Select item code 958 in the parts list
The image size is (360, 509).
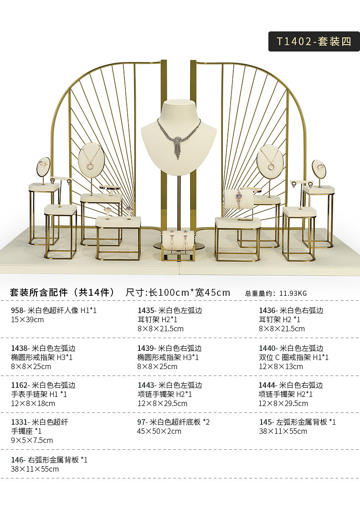18,310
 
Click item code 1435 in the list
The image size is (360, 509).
145,310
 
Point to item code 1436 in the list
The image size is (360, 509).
267,310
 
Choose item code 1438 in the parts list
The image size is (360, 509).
20,348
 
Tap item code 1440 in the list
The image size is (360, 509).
267,348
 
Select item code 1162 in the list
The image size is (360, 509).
20,385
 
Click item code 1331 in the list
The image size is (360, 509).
20,422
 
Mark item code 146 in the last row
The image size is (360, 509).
18,460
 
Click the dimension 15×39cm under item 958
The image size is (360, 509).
27,319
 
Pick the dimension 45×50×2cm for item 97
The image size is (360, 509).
159,431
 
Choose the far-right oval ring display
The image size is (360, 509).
319,169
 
